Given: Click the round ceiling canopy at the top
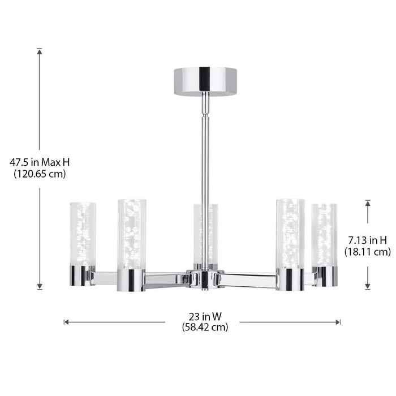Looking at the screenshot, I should (x=205, y=81).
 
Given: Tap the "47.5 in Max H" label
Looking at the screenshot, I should (x=40, y=162).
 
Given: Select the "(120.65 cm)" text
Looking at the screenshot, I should (x=40, y=174).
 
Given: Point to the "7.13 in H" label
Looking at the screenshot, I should (x=367, y=240).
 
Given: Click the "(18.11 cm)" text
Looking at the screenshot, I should (x=367, y=252).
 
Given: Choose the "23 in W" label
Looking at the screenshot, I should (x=205, y=317).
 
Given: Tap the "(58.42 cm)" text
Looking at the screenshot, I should (x=205, y=327).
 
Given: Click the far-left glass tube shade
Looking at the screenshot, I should (x=83, y=233).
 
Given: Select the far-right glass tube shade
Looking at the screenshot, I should (x=324, y=233).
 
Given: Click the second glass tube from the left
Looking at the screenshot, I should (x=132, y=233).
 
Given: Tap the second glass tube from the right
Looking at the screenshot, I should (x=290, y=233).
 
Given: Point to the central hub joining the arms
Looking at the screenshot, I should (x=205, y=279).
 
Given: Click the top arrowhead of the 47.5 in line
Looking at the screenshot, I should (x=40, y=51).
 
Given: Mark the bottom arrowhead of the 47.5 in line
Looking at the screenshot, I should (x=40, y=287).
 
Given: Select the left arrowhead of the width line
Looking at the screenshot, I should (x=66, y=322).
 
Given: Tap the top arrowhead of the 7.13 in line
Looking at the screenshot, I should (x=368, y=203).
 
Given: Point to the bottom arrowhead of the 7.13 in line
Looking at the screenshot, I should (x=368, y=287).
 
